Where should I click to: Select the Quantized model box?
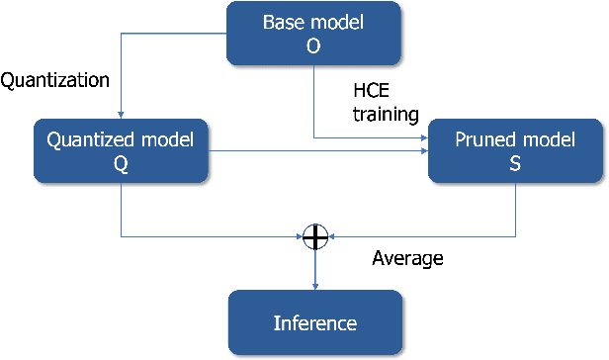[x=121, y=151]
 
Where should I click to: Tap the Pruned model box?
[x=515, y=151]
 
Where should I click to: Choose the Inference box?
[x=314, y=323]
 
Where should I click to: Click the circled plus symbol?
[x=315, y=236]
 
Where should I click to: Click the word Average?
[x=407, y=260]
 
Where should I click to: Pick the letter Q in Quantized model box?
[x=121, y=164]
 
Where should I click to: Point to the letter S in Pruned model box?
[x=515, y=164]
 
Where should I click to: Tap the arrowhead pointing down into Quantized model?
[x=121, y=114]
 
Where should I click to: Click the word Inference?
[x=314, y=323]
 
